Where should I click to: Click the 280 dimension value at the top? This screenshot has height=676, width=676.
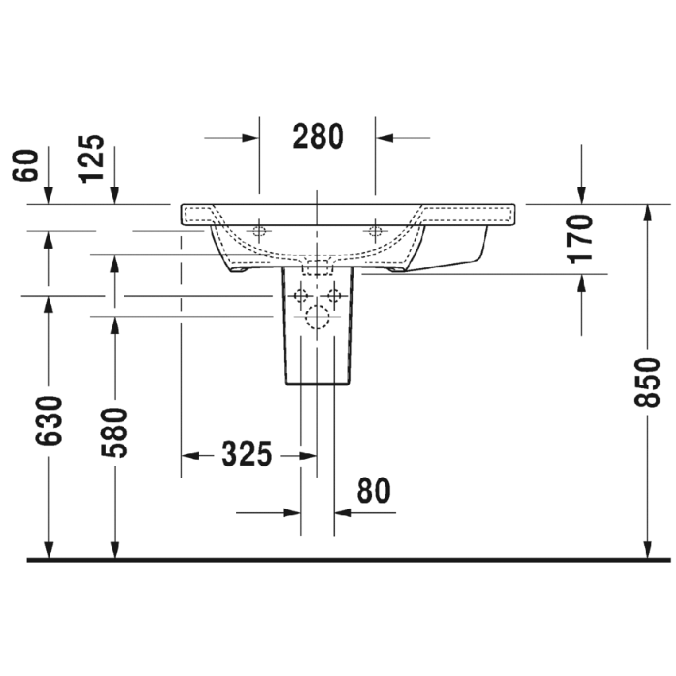coord(317,138)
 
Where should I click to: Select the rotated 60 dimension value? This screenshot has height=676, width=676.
coord(28,165)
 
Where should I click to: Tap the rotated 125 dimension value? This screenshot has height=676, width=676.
coord(93,159)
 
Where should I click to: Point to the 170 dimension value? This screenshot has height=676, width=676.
coord(582,238)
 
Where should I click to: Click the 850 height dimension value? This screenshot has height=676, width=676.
coord(650,383)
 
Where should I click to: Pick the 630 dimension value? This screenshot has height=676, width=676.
coord(49,421)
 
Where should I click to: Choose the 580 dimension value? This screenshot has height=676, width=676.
coord(115,433)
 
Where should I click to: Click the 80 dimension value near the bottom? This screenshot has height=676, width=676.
coord(373,492)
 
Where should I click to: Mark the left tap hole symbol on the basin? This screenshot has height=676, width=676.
coord(258,231)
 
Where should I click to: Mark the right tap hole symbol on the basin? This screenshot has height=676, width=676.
coord(375,231)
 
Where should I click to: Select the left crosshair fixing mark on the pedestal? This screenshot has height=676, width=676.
coord(301,297)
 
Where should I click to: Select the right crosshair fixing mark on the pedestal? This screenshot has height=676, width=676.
coord(334,297)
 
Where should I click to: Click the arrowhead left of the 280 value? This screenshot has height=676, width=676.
coord(251,138)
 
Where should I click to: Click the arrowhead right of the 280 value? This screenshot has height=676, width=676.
coord(385,138)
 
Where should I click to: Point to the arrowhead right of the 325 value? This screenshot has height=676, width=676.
coord(309,456)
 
